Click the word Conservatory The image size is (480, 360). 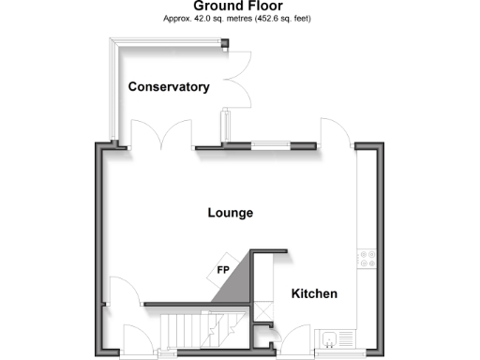169,87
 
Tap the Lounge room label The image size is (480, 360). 230,213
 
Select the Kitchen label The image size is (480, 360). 314,294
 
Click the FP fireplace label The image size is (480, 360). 223,271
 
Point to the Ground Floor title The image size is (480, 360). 239,6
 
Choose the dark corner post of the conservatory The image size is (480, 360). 224,41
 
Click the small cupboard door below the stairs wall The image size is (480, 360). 262,329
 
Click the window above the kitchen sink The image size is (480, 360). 333,354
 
